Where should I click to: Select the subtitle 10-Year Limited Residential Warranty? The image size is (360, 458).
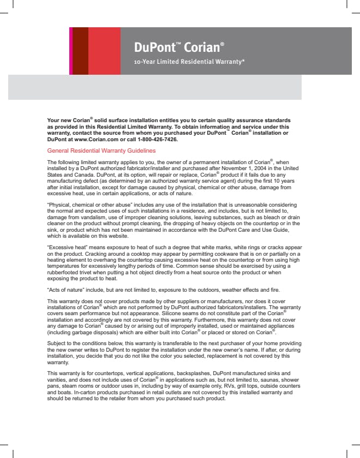pos(189,62)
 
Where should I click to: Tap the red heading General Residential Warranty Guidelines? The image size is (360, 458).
pos(101,150)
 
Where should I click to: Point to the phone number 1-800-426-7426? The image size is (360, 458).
pos(159,139)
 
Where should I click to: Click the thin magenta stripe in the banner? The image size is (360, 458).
pos(70,51)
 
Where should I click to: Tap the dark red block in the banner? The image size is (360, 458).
pos(80,51)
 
